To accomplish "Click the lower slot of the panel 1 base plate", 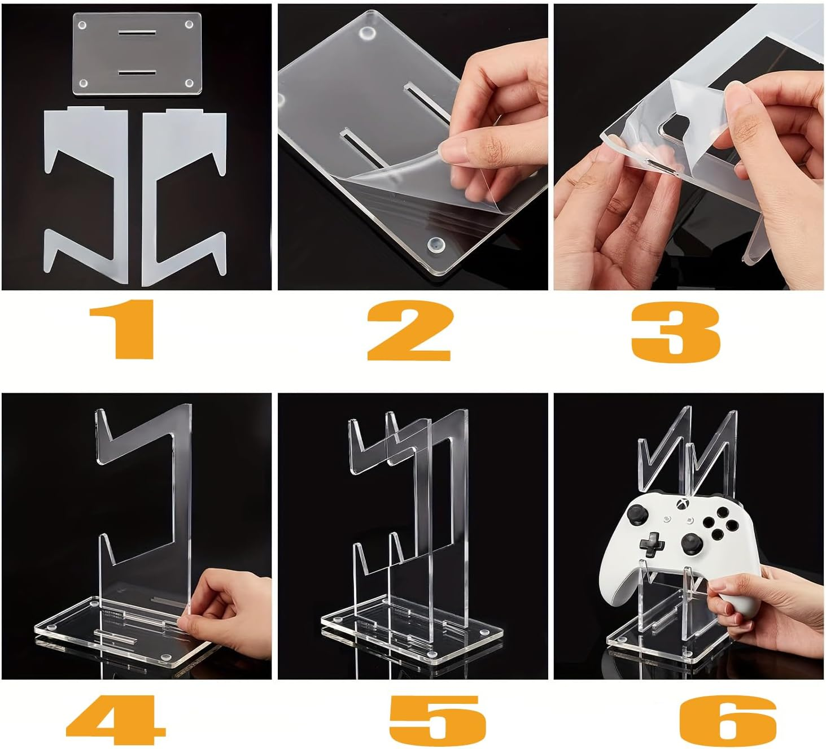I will (137, 73).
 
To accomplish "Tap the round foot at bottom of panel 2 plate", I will (435, 245).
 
